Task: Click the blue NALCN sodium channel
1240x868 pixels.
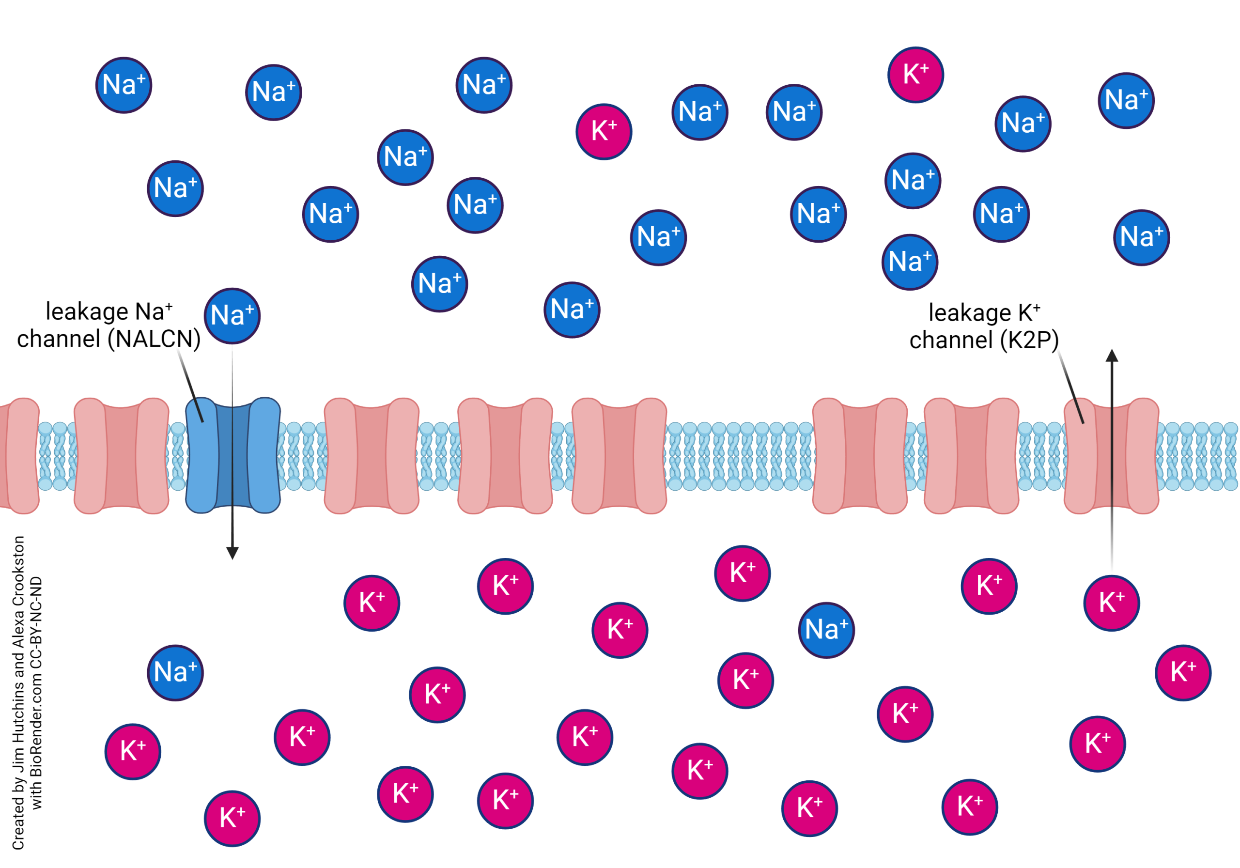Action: pos(233,455)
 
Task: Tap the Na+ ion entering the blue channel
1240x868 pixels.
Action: pos(232,316)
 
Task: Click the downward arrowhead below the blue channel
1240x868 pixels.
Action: pos(232,553)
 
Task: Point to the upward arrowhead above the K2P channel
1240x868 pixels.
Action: pos(1112,356)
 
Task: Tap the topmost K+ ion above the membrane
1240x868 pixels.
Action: pos(915,75)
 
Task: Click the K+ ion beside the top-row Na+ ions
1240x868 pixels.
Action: pos(604,132)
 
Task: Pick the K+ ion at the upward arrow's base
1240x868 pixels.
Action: pos(1112,603)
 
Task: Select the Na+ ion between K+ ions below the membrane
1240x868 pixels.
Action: pos(826,630)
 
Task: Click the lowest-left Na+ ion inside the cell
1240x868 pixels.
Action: pos(175,672)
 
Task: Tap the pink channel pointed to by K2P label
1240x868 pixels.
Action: pos(1112,455)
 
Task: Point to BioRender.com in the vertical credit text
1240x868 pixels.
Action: pos(36,718)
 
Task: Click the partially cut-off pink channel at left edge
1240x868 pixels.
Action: pos(19,455)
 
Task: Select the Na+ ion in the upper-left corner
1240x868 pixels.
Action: pos(124,85)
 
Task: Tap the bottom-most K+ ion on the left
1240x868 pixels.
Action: pos(232,818)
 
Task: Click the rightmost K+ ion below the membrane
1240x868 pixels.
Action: pos(1183,672)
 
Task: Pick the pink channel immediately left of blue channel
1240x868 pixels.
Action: pos(122,455)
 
